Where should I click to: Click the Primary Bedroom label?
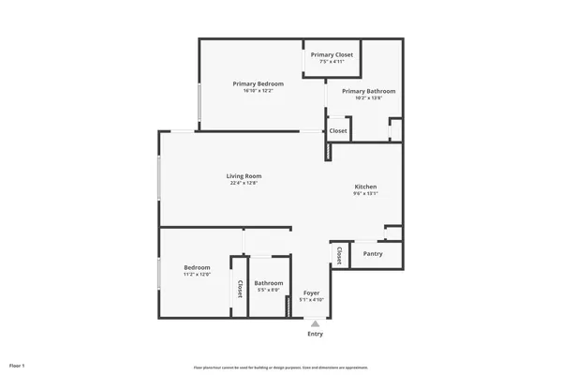tap(258, 83)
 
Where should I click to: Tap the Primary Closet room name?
tap(332, 55)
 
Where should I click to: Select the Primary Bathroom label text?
tap(368, 91)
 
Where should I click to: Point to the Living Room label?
tap(244, 176)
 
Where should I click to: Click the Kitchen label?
tap(365, 187)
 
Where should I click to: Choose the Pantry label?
tap(373, 254)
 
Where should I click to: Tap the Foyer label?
tap(312, 293)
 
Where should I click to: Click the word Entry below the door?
tap(315, 334)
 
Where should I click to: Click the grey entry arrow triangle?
tap(315, 323)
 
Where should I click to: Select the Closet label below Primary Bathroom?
tap(338, 131)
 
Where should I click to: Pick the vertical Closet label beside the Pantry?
tap(338, 256)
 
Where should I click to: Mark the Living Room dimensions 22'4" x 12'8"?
tap(244, 184)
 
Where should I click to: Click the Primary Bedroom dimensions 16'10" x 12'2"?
tap(258, 91)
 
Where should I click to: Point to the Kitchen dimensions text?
tap(365, 194)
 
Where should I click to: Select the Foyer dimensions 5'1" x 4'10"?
tap(312, 300)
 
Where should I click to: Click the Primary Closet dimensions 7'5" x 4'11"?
tap(332, 62)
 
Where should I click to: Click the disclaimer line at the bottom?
tap(280, 367)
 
